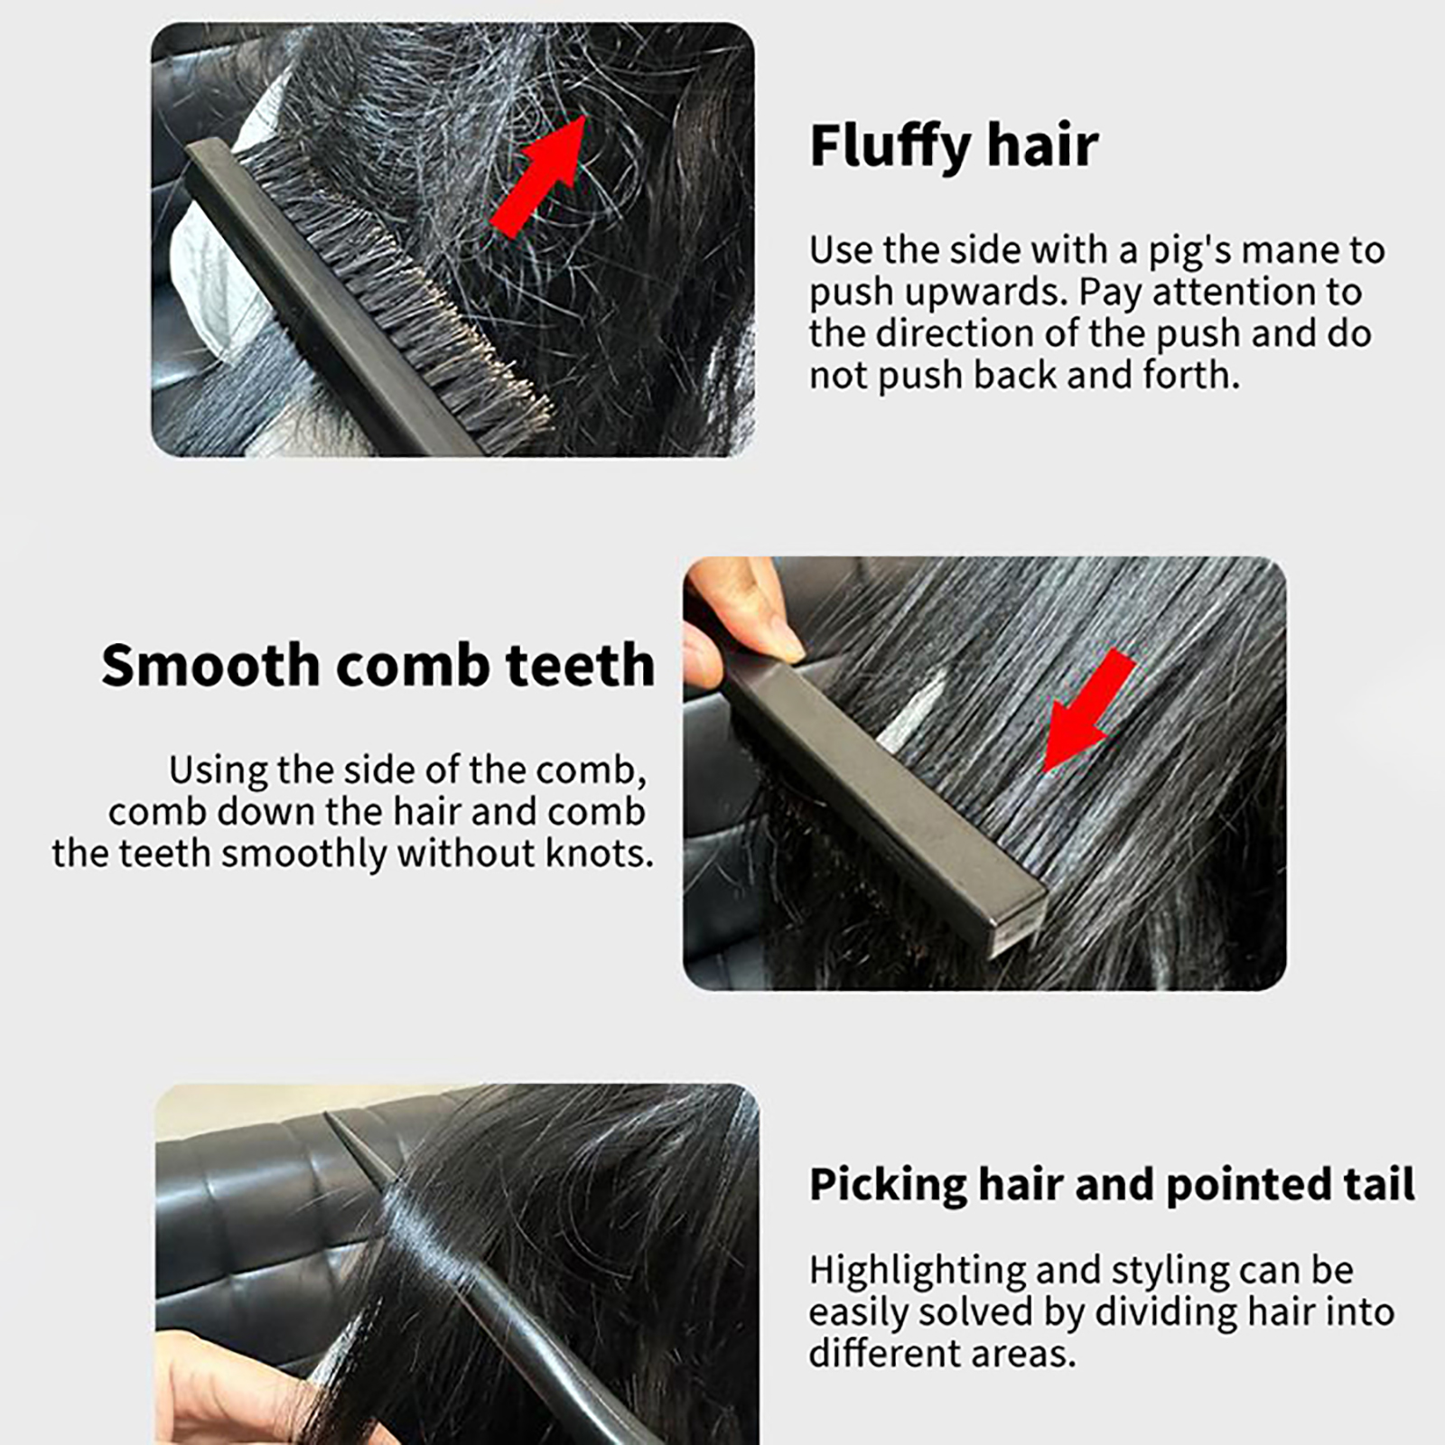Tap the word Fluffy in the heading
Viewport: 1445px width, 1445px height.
[890, 145]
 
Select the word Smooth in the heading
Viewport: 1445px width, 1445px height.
[210, 665]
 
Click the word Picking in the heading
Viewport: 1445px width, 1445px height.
[885, 1186]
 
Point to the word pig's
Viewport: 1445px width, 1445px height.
[1189, 251]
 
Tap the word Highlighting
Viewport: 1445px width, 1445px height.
[917, 1272]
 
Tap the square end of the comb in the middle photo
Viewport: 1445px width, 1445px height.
[1019, 921]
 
